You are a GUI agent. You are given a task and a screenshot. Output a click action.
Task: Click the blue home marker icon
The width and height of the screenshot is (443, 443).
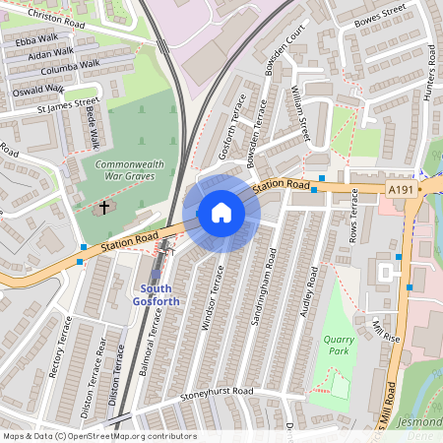click(221, 213)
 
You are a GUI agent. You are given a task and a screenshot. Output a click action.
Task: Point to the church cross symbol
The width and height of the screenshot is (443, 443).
click(102, 209)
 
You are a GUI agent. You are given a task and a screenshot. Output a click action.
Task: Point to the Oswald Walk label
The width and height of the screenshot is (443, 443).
click(36, 89)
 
